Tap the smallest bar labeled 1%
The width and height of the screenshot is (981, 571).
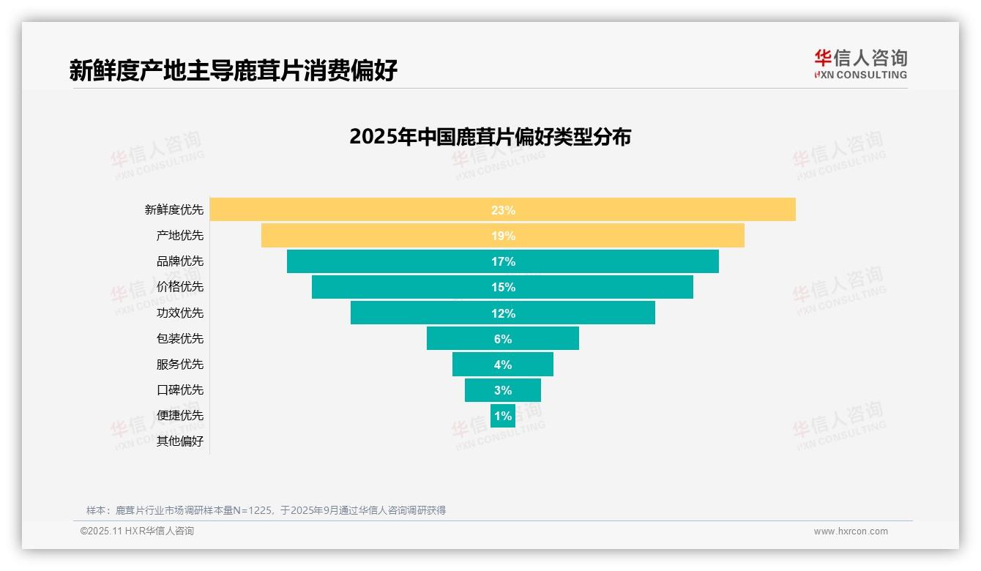[x=503, y=416]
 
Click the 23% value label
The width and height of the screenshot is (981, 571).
[x=503, y=210]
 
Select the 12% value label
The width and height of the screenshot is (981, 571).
[x=503, y=313]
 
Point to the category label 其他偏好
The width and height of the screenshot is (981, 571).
[x=180, y=441]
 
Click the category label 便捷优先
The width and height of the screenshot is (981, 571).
[x=180, y=415]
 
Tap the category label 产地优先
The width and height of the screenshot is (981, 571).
[x=180, y=236]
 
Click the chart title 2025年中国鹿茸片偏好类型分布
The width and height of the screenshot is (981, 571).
[x=490, y=137]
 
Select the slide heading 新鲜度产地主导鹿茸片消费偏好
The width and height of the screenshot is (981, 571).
[x=234, y=70]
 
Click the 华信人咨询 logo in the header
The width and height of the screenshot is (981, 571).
[x=860, y=64]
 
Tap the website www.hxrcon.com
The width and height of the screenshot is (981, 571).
[x=850, y=531]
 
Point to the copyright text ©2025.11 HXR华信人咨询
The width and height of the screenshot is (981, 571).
[x=137, y=531]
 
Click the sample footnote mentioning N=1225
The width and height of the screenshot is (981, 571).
[x=266, y=510]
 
